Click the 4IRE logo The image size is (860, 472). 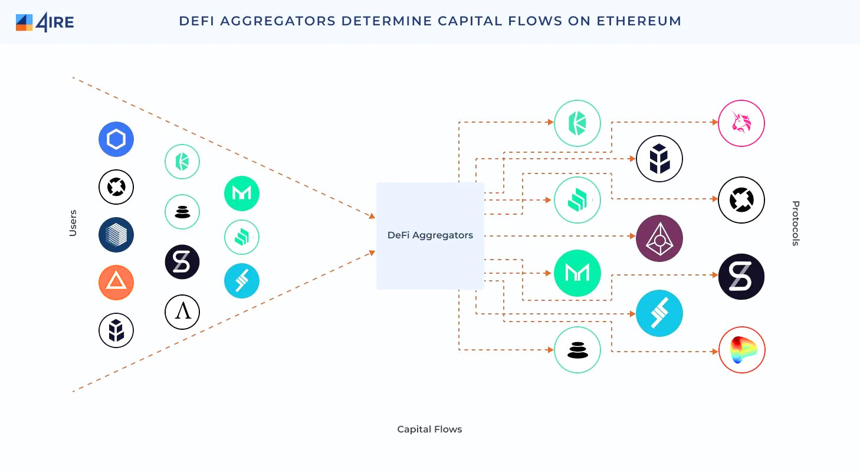pyautogui.click(x=44, y=22)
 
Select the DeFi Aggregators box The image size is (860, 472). pyautogui.click(x=430, y=235)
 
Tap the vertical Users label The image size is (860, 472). pyautogui.click(x=73, y=223)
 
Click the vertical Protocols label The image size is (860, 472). pyautogui.click(x=795, y=223)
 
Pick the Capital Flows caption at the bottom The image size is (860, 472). pyautogui.click(x=429, y=429)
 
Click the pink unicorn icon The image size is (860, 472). pyautogui.click(x=741, y=123)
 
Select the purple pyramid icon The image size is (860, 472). pyautogui.click(x=659, y=238)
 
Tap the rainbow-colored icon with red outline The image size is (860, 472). pyautogui.click(x=741, y=350)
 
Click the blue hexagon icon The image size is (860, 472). pyautogui.click(x=116, y=139)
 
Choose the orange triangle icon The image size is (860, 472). pyautogui.click(x=116, y=283)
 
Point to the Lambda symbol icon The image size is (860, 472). pyautogui.click(x=182, y=312)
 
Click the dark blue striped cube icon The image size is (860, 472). pyautogui.click(x=116, y=234)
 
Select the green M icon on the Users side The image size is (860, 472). pyautogui.click(x=242, y=194)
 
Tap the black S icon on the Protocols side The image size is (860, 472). pyautogui.click(x=741, y=277)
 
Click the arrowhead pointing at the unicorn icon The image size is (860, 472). pyautogui.click(x=714, y=123)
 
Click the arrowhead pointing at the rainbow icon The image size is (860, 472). pyautogui.click(x=714, y=352)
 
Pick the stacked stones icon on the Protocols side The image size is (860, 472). pyautogui.click(x=577, y=350)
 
